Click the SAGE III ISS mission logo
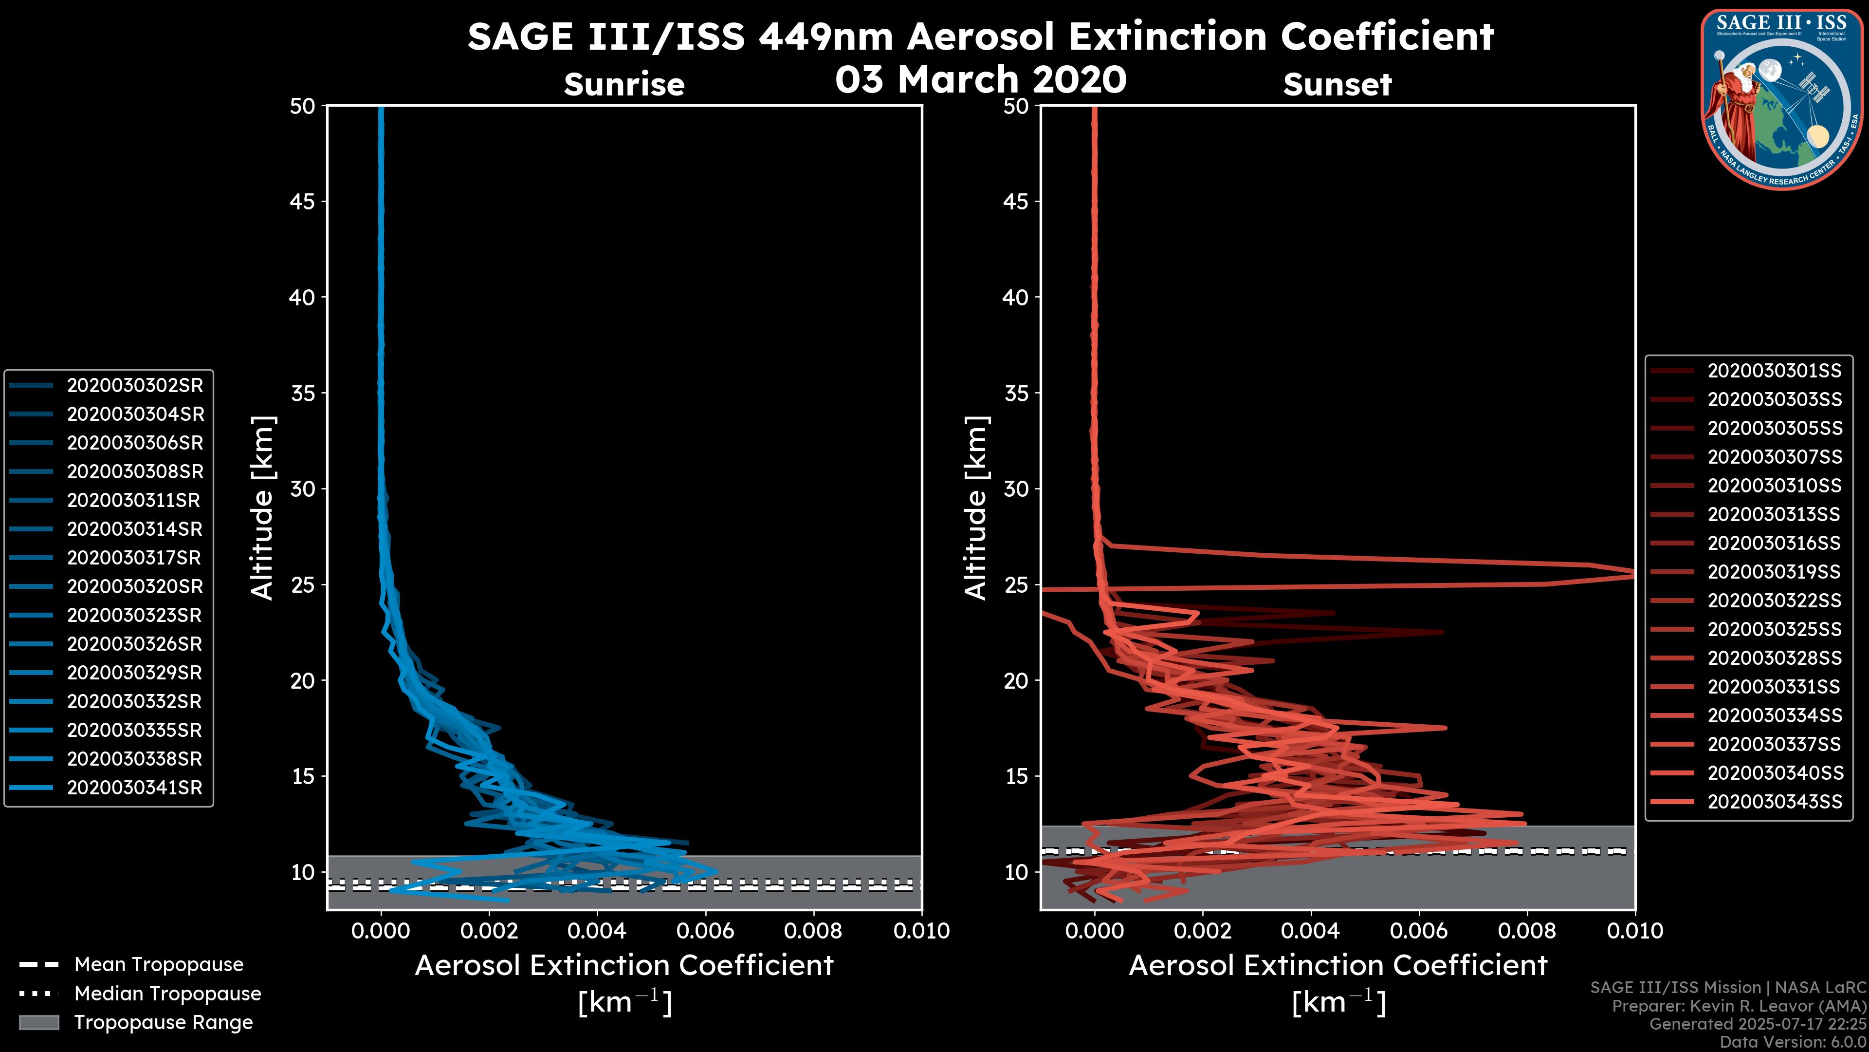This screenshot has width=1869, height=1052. tap(1782, 99)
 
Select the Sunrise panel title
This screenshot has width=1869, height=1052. tap(624, 85)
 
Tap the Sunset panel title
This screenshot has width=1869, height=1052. tap(1337, 85)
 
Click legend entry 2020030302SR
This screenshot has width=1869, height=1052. tap(135, 386)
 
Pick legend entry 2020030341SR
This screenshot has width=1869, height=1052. tap(134, 788)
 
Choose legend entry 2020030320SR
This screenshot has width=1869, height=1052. tap(135, 586)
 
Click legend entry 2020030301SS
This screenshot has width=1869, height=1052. tap(1774, 371)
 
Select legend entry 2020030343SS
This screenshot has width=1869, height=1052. tap(1774, 802)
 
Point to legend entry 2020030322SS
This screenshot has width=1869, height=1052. tap(1774, 601)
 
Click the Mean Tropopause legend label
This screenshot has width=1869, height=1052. tap(159, 965)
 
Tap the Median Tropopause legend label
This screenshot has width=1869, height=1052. tap(167, 994)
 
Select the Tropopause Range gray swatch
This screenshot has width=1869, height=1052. tap(38, 1022)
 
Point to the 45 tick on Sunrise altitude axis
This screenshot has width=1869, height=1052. tap(303, 202)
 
